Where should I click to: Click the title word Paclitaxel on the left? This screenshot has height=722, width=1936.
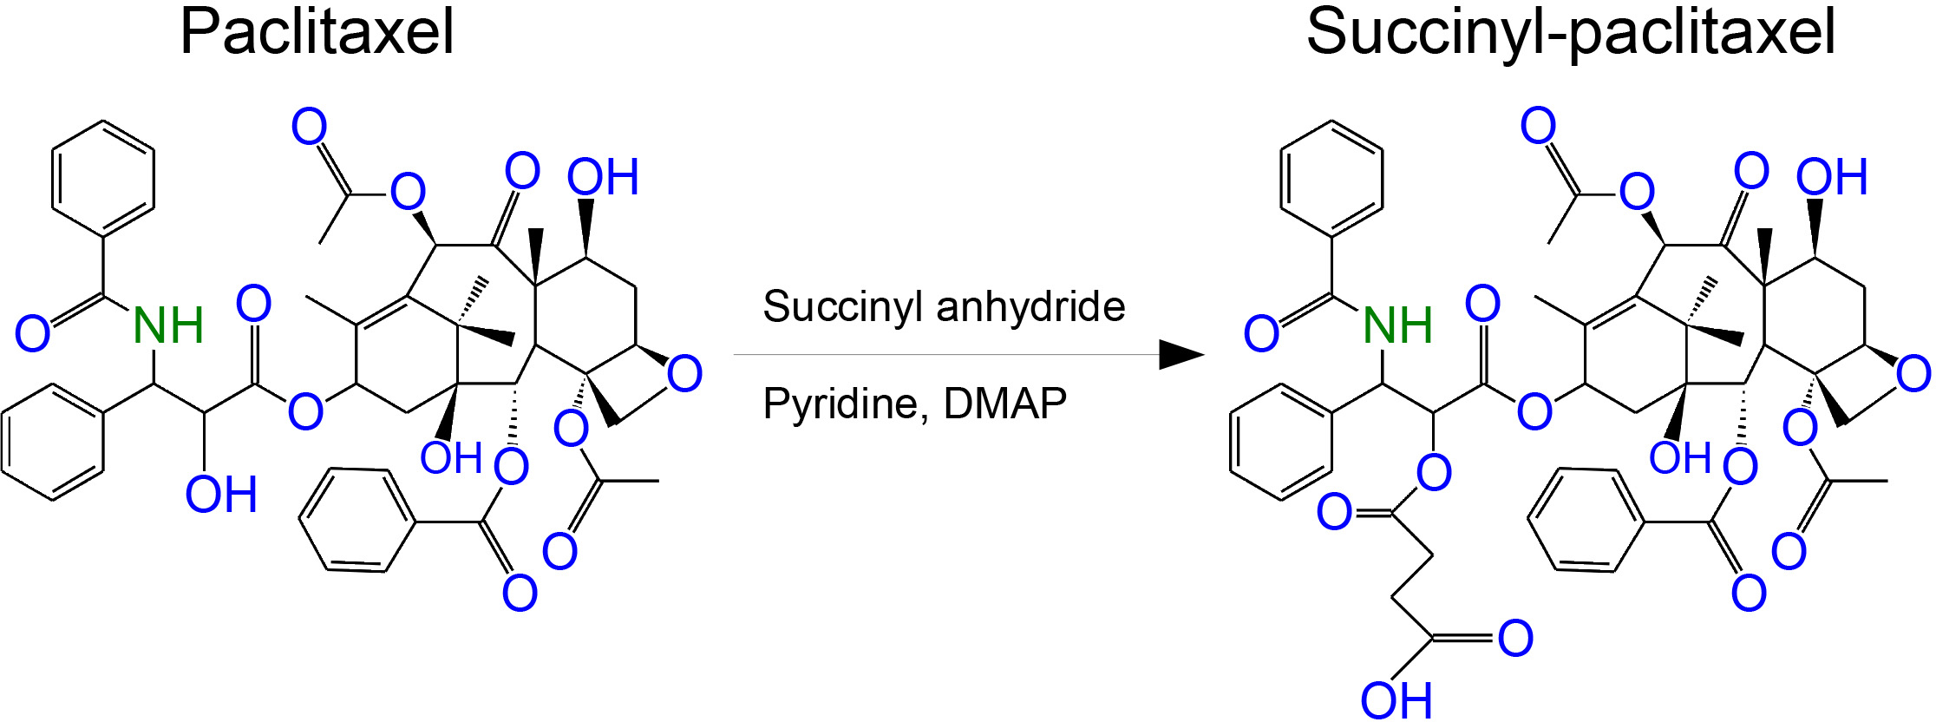tap(317, 33)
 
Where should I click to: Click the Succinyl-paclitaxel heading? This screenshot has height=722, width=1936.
tap(1570, 33)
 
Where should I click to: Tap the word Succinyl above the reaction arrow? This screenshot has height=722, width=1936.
tap(834, 307)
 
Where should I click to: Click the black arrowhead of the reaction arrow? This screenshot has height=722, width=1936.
tap(1181, 354)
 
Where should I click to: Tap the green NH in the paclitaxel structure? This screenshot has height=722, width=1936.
tap(168, 326)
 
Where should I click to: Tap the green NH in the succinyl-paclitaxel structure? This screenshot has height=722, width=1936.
tap(1397, 326)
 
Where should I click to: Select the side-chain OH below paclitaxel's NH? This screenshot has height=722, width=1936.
tap(221, 495)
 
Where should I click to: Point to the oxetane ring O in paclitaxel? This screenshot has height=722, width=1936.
tap(684, 374)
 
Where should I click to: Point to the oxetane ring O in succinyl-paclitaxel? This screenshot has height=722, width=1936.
tap(1913, 374)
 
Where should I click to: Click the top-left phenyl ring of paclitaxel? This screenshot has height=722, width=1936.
tap(104, 179)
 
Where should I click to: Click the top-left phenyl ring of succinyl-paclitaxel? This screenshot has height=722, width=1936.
tap(1332, 179)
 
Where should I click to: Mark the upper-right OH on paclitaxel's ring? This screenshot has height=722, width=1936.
tap(603, 178)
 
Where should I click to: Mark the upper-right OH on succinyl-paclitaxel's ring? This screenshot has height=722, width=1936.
tap(1831, 178)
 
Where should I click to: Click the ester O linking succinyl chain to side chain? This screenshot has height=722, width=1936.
tap(1433, 473)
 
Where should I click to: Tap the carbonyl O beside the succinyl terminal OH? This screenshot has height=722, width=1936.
tap(1515, 639)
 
